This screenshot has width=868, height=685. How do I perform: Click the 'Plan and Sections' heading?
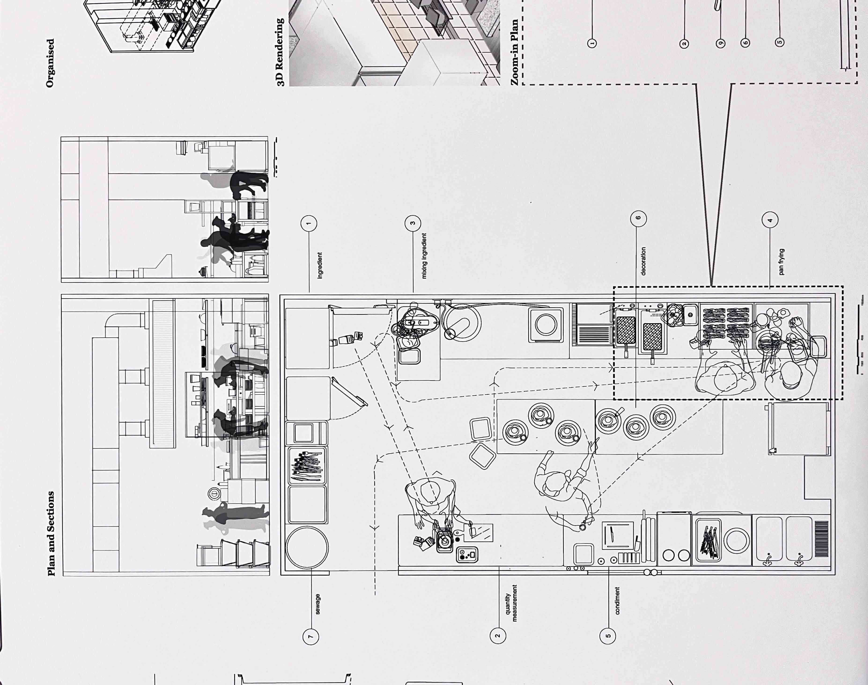[x=51, y=533]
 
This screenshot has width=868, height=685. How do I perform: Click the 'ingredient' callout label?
[x=320, y=265]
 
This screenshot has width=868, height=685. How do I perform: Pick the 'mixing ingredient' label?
[x=424, y=256]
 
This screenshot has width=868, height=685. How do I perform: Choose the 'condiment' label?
[x=617, y=600]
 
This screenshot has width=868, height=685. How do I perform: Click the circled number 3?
[x=413, y=223]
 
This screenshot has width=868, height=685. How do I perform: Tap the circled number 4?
[x=770, y=220]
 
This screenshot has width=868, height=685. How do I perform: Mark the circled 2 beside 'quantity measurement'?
[x=498, y=636]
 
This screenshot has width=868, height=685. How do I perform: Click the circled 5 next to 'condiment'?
[x=608, y=636]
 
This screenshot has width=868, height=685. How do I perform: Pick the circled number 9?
[x=721, y=43]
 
